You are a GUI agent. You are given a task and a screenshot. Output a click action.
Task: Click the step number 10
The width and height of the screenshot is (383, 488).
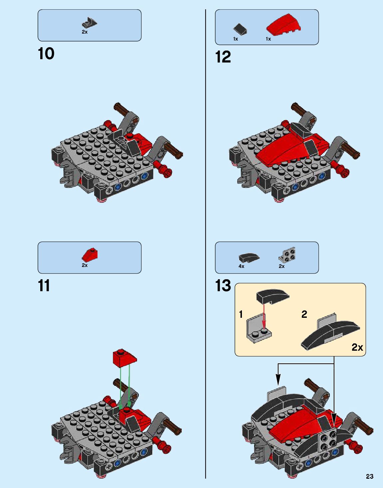click(46, 54)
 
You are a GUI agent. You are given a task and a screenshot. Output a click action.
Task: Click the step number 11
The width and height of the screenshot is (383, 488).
click(44, 286)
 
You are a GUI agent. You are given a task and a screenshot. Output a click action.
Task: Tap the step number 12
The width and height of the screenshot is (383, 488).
click(223, 57)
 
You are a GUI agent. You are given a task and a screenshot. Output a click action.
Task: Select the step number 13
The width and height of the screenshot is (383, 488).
click(223, 286)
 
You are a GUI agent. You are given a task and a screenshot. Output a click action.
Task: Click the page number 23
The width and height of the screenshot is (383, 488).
click(369, 476)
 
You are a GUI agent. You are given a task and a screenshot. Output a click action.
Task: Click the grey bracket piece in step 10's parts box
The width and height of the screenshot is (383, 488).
click(89, 23)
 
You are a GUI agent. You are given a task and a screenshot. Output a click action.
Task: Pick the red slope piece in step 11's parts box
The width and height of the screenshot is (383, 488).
click(90, 255)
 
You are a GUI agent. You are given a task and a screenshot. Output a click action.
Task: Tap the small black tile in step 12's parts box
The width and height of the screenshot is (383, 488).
click(240, 29)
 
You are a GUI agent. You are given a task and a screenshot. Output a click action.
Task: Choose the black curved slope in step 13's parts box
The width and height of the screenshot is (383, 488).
click(249, 258)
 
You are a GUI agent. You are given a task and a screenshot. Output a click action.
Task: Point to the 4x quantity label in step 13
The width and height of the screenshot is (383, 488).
click(241, 266)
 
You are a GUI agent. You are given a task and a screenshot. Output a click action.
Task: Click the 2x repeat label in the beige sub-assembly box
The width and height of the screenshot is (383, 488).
click(357, 347)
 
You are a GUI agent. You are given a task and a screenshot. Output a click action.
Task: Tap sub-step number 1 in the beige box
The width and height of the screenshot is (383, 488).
click(241, 314)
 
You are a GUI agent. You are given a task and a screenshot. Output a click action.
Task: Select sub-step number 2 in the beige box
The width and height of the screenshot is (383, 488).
click(304, 314)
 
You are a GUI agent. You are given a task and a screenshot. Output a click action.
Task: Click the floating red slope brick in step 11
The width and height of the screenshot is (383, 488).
click(124, 358)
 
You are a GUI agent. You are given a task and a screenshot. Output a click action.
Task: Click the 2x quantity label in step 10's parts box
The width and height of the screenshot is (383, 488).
click(85, 32)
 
